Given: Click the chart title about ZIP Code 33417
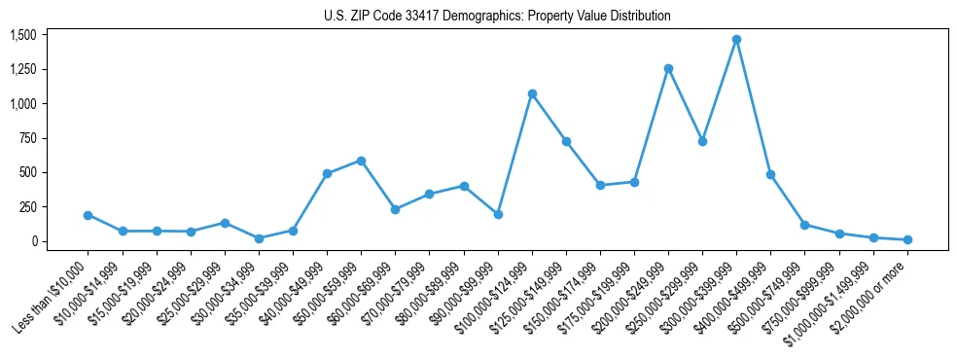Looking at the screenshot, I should coord(497,17).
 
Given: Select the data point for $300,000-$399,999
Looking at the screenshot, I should coord(736,40).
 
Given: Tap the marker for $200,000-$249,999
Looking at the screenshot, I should coord(668,68).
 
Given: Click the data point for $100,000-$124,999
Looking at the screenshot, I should coord(532,94).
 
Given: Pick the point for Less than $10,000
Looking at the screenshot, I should coord(88,215).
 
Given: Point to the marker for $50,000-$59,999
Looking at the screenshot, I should coord(361,161).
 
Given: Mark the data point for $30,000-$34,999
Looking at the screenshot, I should coord(259,238).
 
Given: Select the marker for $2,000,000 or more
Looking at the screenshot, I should coord(907,239).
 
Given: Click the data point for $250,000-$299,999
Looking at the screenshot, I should coord(702,141).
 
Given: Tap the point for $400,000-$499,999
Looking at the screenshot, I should coord(770,175).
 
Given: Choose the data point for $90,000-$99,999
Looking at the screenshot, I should coord(498,214).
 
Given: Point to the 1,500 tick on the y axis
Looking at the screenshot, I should coord(22,35).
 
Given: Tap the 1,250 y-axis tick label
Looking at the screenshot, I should coord(22,69).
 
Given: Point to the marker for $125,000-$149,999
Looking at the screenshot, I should coord(566,141).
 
